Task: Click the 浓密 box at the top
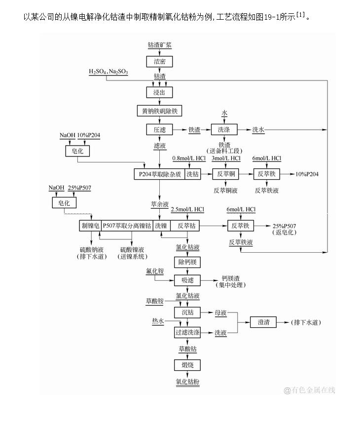[x=160, y=61]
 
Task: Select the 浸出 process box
[x=160, y=92]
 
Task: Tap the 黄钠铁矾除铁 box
[x=160, y=111]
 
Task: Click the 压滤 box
[x=160, y=129]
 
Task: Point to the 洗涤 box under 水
[x=224, y=129]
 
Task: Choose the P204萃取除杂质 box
[x=159, y=174]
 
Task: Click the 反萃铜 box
[x=225, y=174]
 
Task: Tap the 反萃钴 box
[x=187, y=226]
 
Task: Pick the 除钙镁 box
[x=187, y=262]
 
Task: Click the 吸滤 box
[x=187, y=280]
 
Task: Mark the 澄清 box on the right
[x=263, y=322]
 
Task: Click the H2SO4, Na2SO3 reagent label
[x=108, y=72]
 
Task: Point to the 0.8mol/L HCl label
[x=189, y=158]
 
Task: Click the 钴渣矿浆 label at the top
[x=160, y=45]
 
